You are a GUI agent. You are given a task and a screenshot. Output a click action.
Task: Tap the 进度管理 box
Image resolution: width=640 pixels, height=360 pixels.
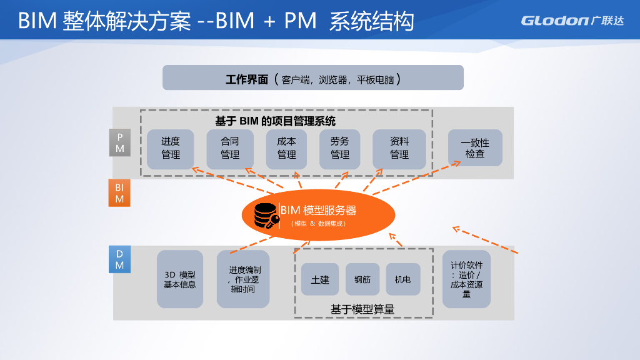click(171, 149)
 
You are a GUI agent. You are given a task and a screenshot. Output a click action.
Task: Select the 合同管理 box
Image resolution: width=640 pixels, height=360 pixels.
click(230, 149)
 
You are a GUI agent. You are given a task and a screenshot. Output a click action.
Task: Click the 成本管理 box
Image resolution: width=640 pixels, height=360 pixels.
click(286, 149)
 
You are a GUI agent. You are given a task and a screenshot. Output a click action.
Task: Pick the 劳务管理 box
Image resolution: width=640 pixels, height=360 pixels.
click(340, 149)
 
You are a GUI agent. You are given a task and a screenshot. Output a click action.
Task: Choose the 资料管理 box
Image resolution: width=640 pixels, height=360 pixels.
click(399, 149)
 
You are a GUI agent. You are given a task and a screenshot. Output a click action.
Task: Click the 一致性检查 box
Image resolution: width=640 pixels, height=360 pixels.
click(475, 148)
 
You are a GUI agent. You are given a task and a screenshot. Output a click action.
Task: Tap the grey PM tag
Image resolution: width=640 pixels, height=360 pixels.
click(119, 143)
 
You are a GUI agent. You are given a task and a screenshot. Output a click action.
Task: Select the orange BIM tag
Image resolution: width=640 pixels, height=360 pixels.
click(119, 193)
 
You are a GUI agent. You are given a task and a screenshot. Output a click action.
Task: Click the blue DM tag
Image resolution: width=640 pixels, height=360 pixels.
click(119, 259)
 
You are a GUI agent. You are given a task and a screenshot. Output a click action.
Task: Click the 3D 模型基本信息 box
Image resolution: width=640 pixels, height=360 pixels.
click(180, 279)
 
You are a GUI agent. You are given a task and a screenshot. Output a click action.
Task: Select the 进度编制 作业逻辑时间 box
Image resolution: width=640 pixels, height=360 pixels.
click(243, 279)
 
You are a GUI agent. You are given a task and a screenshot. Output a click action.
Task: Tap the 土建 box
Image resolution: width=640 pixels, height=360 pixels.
click(320, 279)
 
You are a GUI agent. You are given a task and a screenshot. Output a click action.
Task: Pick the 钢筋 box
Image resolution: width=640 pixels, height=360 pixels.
click(362, 279)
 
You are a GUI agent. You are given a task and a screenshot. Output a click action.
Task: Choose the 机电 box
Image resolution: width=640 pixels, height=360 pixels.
click(403, 279)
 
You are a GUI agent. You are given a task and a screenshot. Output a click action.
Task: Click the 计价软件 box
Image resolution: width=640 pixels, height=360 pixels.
click(466, 279)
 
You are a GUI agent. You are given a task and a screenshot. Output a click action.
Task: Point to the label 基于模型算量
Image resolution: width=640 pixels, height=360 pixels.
click(362, 309)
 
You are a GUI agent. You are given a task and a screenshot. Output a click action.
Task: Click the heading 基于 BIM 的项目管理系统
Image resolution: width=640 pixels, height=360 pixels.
click(275, 121)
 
